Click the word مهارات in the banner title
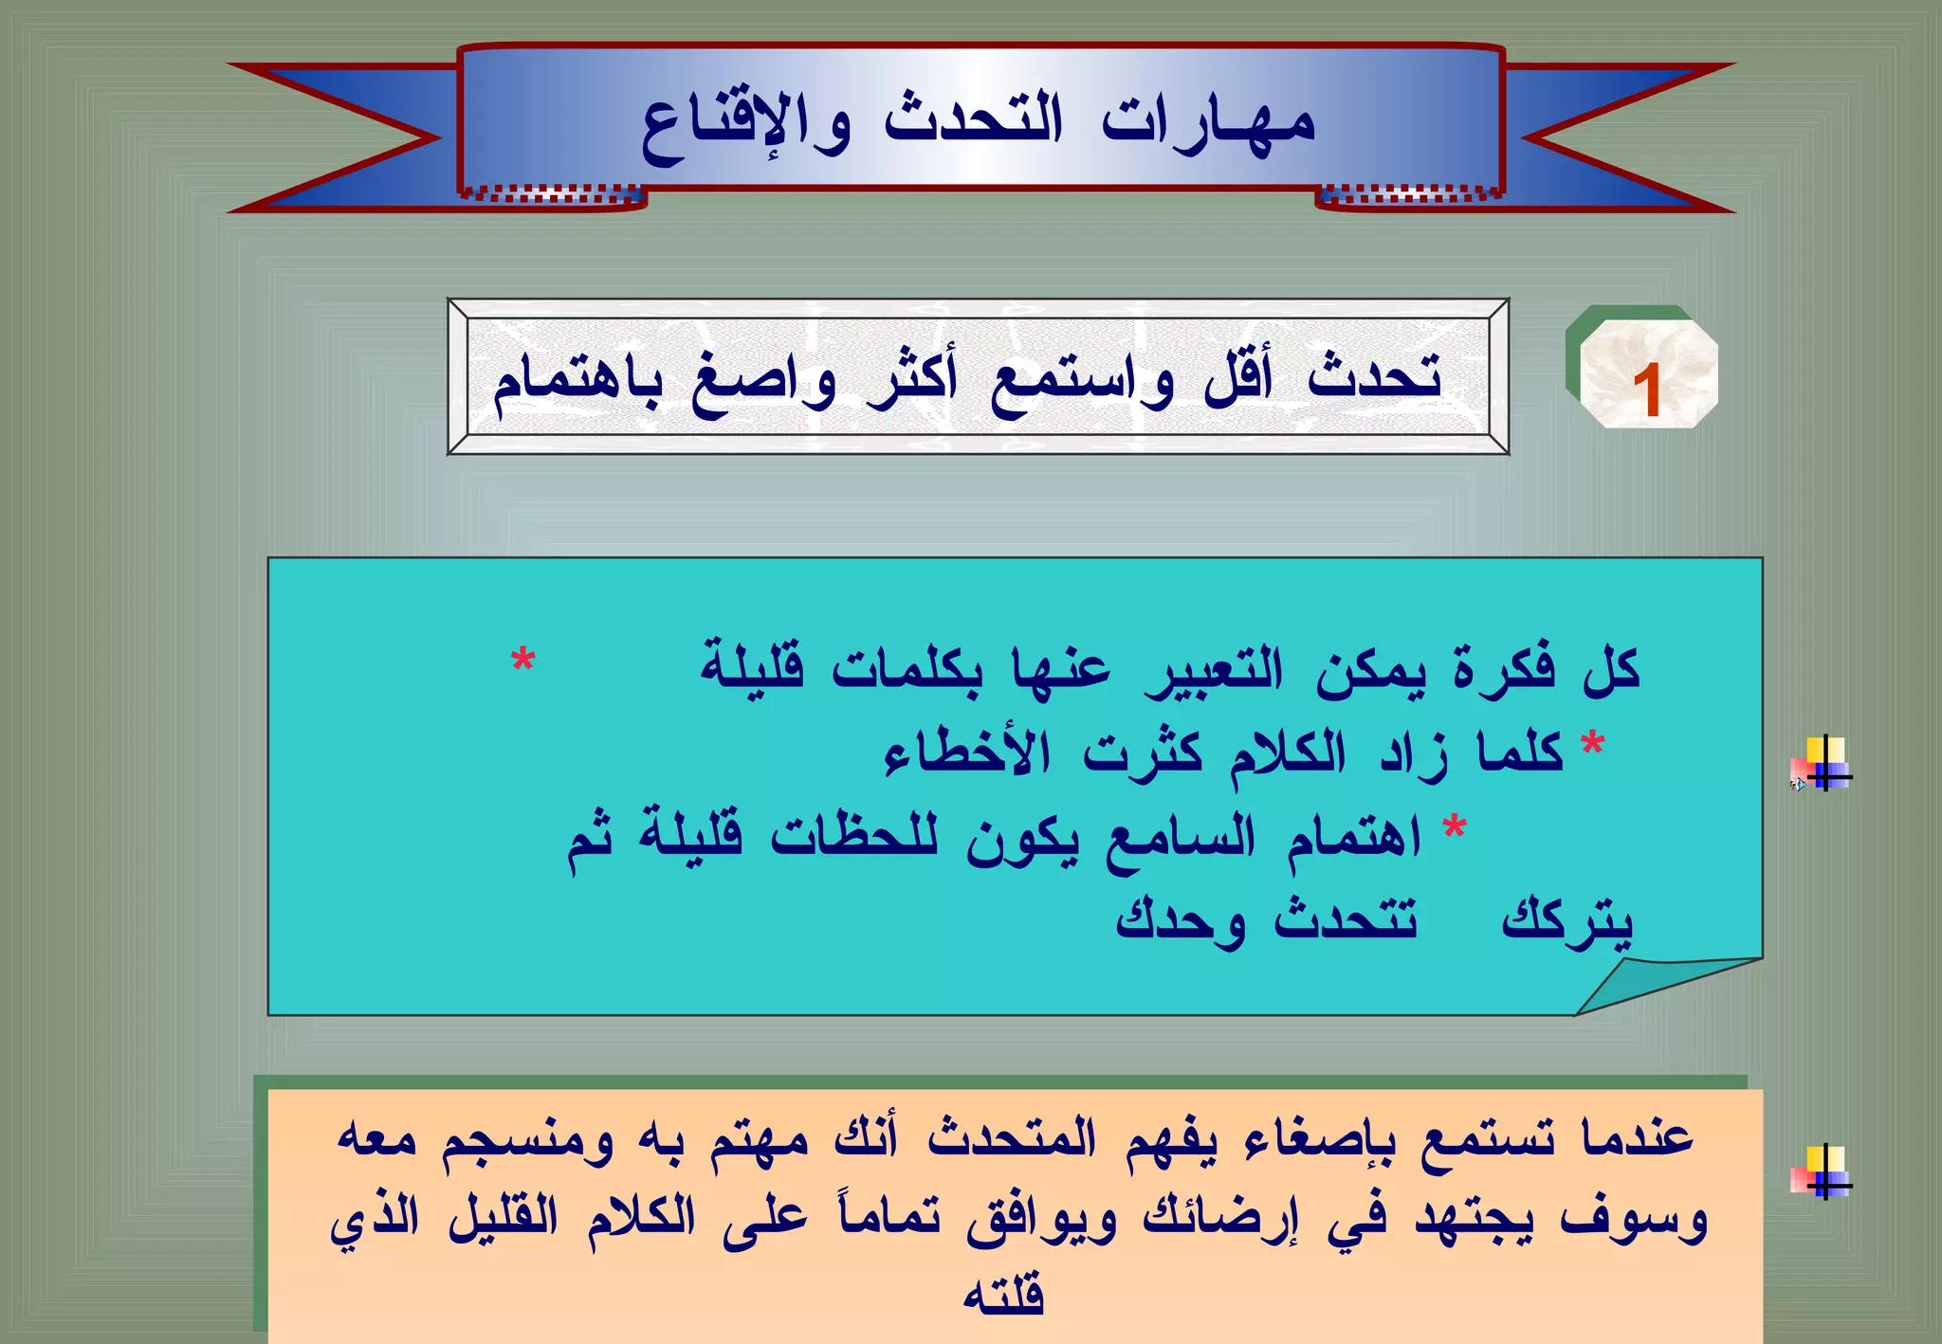click(x=1208, y=123)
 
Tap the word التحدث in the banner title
click(x=974, y=120)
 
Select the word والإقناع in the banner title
click(x=745, y=128)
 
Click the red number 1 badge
click(x=1647, y=390)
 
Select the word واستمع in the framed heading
click(x=1082, y=383)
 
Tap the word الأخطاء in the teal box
click(x=967, y=753)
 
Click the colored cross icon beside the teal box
click(x=1823, y=764)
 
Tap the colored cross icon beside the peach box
click(x=1823, y=1171)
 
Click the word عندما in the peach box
click(x=1637, y=1136)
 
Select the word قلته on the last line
click(x=1003, y=1296)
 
